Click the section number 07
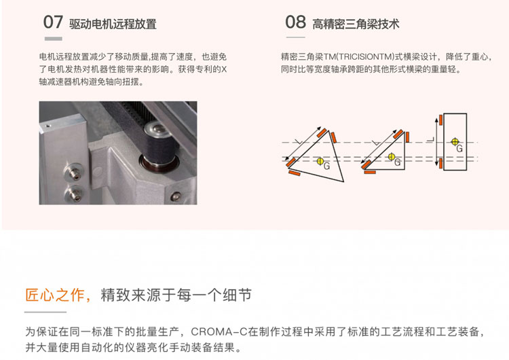click(x=53, y=22)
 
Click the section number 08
click(x=295, y=22)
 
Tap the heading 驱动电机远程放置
click(x=113, y=24)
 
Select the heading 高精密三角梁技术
click(x=356, y=24)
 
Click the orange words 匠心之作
click(x=55, y=295)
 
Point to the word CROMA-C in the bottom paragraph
click(x=219, y=331)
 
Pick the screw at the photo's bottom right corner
click(x=176, y=196)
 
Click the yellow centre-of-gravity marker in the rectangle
click(x=455, y=142)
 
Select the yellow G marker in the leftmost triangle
click(x=320, y=161)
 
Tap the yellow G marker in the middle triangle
click(x=392, y=157)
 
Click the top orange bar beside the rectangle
click(x=440, y=120)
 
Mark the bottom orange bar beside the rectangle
click(x=440, y=164)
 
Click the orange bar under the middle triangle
click(x=370, y=172)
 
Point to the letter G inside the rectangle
click(x=459, y=149)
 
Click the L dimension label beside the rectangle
click(x=431, y=140)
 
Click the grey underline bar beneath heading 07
click(x=53, y=39)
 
